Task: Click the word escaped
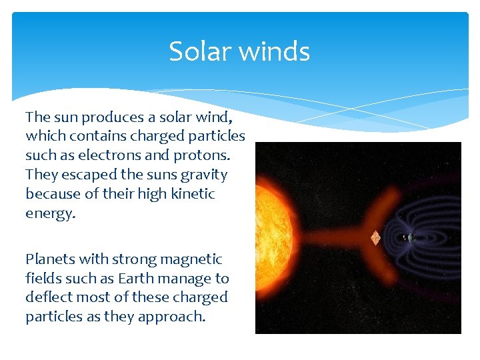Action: point(80,175)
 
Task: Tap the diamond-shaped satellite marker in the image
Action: point(375,237)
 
